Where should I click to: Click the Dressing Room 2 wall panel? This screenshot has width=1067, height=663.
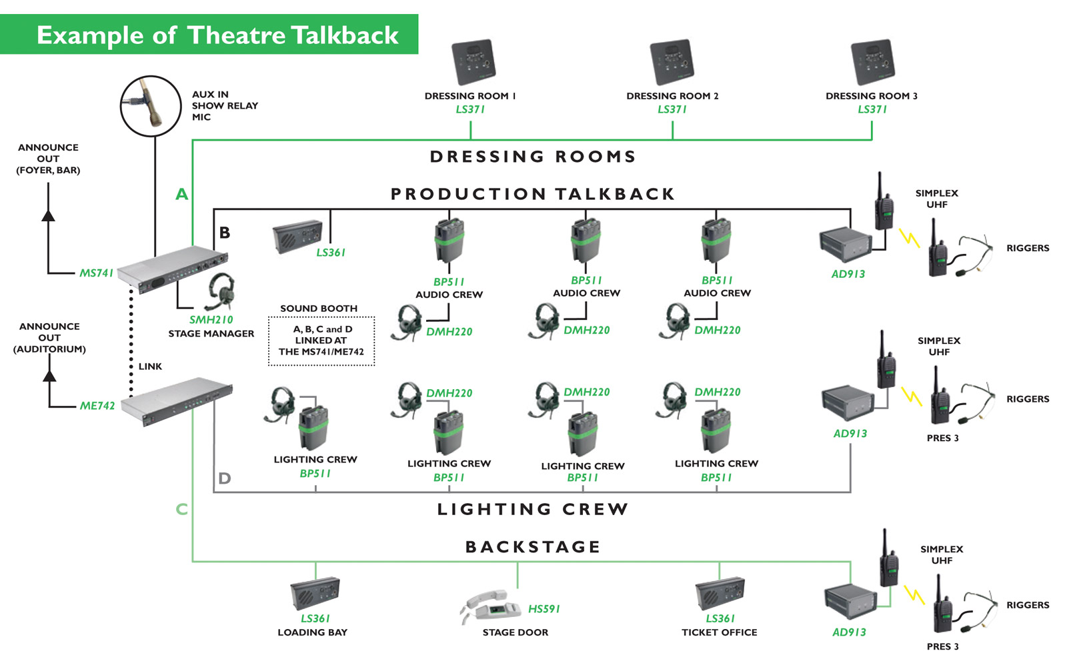pyautogui.click(x=672, y=63)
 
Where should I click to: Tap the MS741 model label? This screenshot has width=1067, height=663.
pyautogui.click(x=96, y=273)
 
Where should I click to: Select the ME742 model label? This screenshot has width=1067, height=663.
pyautogui.click(x=97, y=406)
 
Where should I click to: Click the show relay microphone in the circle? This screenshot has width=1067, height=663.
pyautogui.click(x=150, y=105)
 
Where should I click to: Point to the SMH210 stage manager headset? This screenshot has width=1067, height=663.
pyautogui.click(x=221, y=291)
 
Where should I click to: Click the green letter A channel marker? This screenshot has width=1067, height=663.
pyautogui.click(x=181, y=195)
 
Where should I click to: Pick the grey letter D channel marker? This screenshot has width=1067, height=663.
pyautogui.click(x=224, y=478)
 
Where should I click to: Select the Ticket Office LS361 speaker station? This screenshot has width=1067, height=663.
pyautogui.click(x=720, y=592)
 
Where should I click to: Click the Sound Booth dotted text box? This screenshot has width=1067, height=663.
pyautogui.click(x=321, y=340)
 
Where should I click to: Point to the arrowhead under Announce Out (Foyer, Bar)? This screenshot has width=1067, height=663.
pyautogui.click(x=48, y=215)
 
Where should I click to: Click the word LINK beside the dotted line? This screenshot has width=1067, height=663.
pyautogui.click(x=150, y=366)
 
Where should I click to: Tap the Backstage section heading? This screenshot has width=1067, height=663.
pyautogui.click(x=533, y=547)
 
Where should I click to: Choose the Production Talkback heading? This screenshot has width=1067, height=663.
pyautogui.click(x=533, y=194)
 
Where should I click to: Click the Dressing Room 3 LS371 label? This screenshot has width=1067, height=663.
pyautogui.click(x=872, y=109)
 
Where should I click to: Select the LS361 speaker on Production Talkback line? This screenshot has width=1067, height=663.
pyautogui.click(x=297, y=237)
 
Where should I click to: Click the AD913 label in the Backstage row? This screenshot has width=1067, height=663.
pyautogui.click(x=849, y=632)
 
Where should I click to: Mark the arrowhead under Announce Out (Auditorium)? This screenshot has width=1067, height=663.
pyautogui.click(x=49, y=376)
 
